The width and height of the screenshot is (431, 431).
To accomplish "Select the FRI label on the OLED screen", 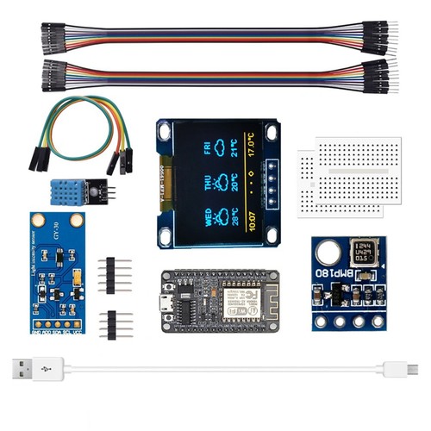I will tap(208, 148).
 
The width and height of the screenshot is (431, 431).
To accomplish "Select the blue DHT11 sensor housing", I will tap(71, 192).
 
